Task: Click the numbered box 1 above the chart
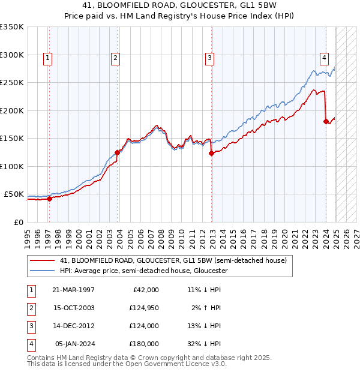tap(47, 58)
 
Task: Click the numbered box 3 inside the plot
tap(209, 58)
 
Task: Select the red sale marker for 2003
tap(118, 152)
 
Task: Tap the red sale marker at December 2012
tap(212, 153)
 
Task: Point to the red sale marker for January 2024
tap(326, 121)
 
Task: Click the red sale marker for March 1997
tap(50, 199)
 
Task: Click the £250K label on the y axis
tap(11, 83)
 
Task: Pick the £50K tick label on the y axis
tap(14, 194)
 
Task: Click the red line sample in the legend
tap(42, 261)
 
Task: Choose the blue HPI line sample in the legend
tap(42, 271)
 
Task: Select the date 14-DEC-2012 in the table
tap(74, 326)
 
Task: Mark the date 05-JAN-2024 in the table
tap(74, 344)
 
